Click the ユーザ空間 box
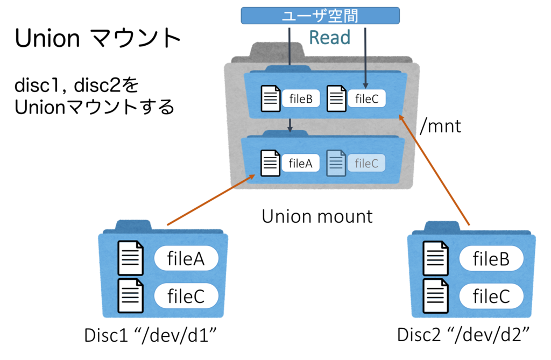(x=320, y=15)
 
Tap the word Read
(x=329, y=38)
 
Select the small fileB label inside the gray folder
(x=301, y=99)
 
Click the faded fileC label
(x=366, y=164)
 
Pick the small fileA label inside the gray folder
(x=301, y=164)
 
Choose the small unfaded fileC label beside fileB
(x=366, y=99)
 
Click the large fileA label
(x=186, y=259)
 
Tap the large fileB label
(x=491, y=259)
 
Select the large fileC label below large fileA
(x=186, y=296)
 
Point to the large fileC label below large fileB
(x=491, y=296)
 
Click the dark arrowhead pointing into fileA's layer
(x=290, y=128)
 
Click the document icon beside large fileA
(x=131, y=258)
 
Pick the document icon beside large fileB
(x=436, y=258)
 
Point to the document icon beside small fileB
(x=271, y=99)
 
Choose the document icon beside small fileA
(x=271, y=163)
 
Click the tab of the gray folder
(x=278, y=49)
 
